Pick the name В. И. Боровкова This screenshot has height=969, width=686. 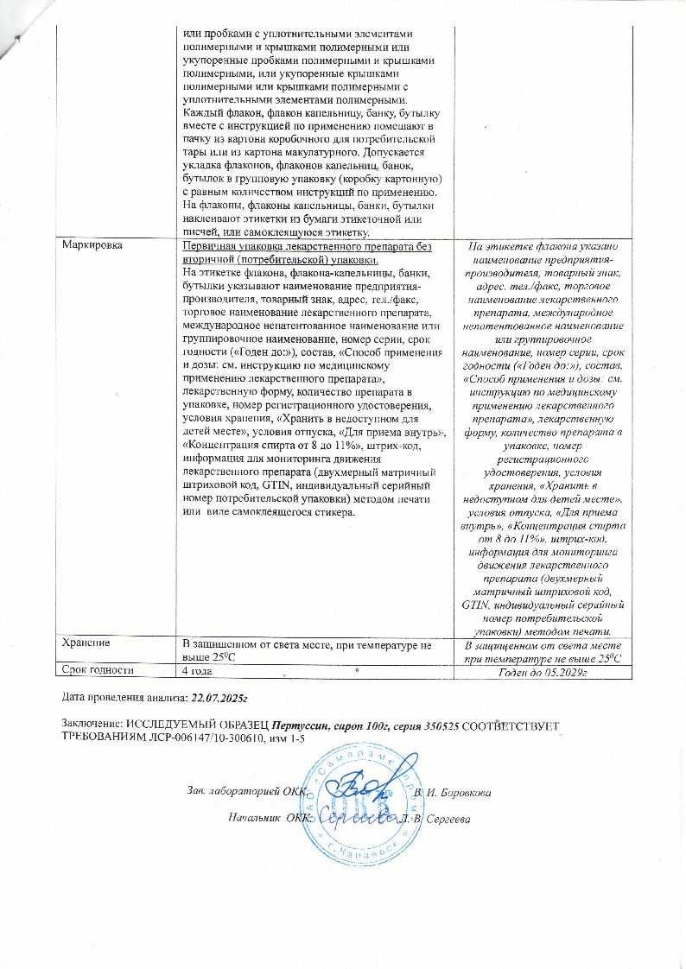[x=454, y=792]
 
